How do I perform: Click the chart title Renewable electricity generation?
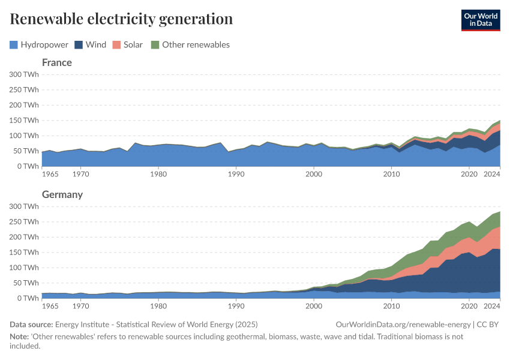[121, 19]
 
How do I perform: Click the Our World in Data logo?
[480, 20]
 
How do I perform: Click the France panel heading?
[56, 62]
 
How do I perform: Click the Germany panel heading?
[62, 194]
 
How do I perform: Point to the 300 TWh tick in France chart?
[24, 74]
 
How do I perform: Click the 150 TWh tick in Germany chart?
[24, 252]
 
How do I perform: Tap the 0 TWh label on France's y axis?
[28, 166]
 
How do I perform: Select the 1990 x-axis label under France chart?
[236, 174]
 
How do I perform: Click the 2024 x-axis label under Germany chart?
[492, 306]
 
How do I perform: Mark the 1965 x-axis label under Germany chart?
[50, 306]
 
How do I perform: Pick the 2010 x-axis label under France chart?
[391, 174]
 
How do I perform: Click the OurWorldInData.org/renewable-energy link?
[403, 324]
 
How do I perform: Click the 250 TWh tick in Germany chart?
[24, 221]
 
